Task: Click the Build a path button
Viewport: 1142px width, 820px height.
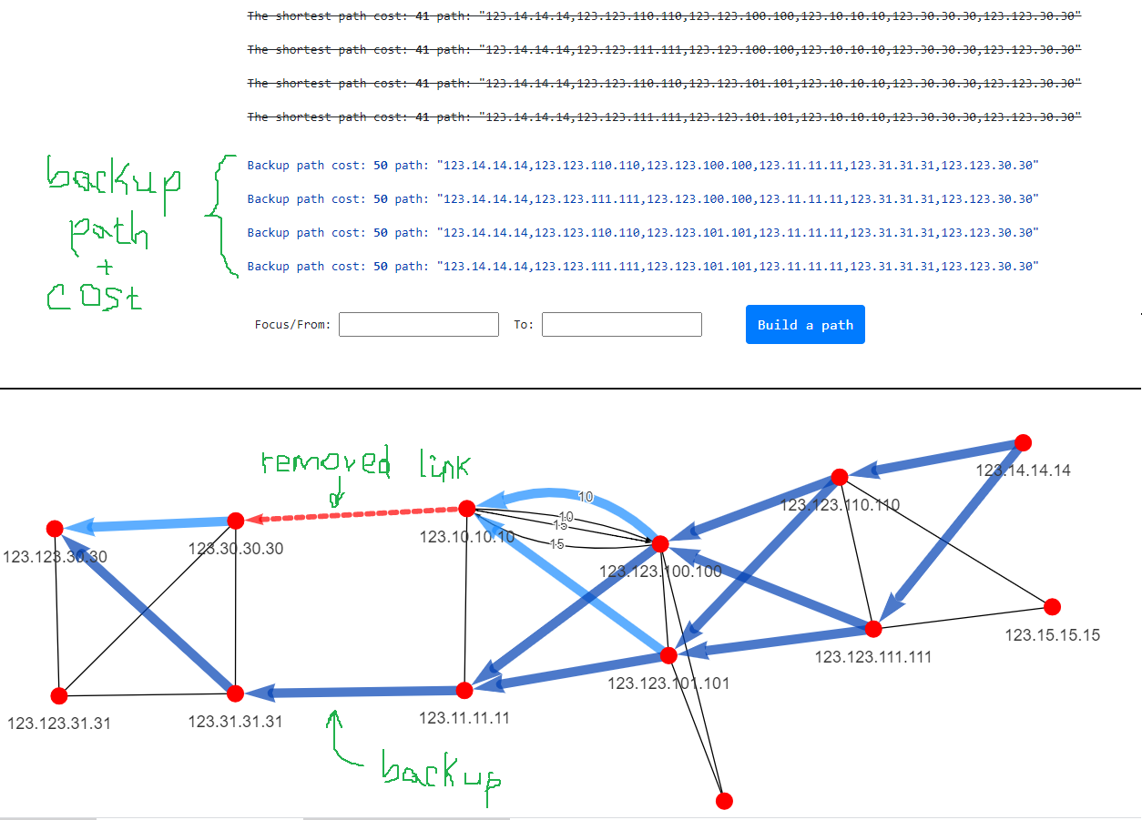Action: (805, 325)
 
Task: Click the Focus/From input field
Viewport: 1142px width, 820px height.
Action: (419, 324)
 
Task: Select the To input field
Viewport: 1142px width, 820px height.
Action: (622, 324)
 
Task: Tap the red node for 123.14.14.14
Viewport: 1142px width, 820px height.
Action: (1023, 442)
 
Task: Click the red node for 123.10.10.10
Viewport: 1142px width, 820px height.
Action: (467, 508)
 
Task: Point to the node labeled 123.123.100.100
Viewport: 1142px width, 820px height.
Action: (660, 544)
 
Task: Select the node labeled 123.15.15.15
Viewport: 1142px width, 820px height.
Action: (1053, 606)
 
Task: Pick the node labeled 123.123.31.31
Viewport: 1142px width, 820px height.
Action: (59, 696)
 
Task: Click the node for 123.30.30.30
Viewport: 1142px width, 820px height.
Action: (235, 521)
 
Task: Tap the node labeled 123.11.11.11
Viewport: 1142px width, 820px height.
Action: (464, 689)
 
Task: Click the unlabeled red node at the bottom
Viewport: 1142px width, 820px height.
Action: (724, 801)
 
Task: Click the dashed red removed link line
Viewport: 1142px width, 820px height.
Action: (355, 514)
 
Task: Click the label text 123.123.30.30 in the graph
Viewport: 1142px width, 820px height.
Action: (55, 556)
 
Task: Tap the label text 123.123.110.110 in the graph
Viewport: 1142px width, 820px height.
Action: (841, 504)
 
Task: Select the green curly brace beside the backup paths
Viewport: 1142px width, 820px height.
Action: (219, 216)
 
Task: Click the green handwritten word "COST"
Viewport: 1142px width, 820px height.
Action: (95, 296)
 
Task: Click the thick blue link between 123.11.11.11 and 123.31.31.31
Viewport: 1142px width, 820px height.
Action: (355, 693)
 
